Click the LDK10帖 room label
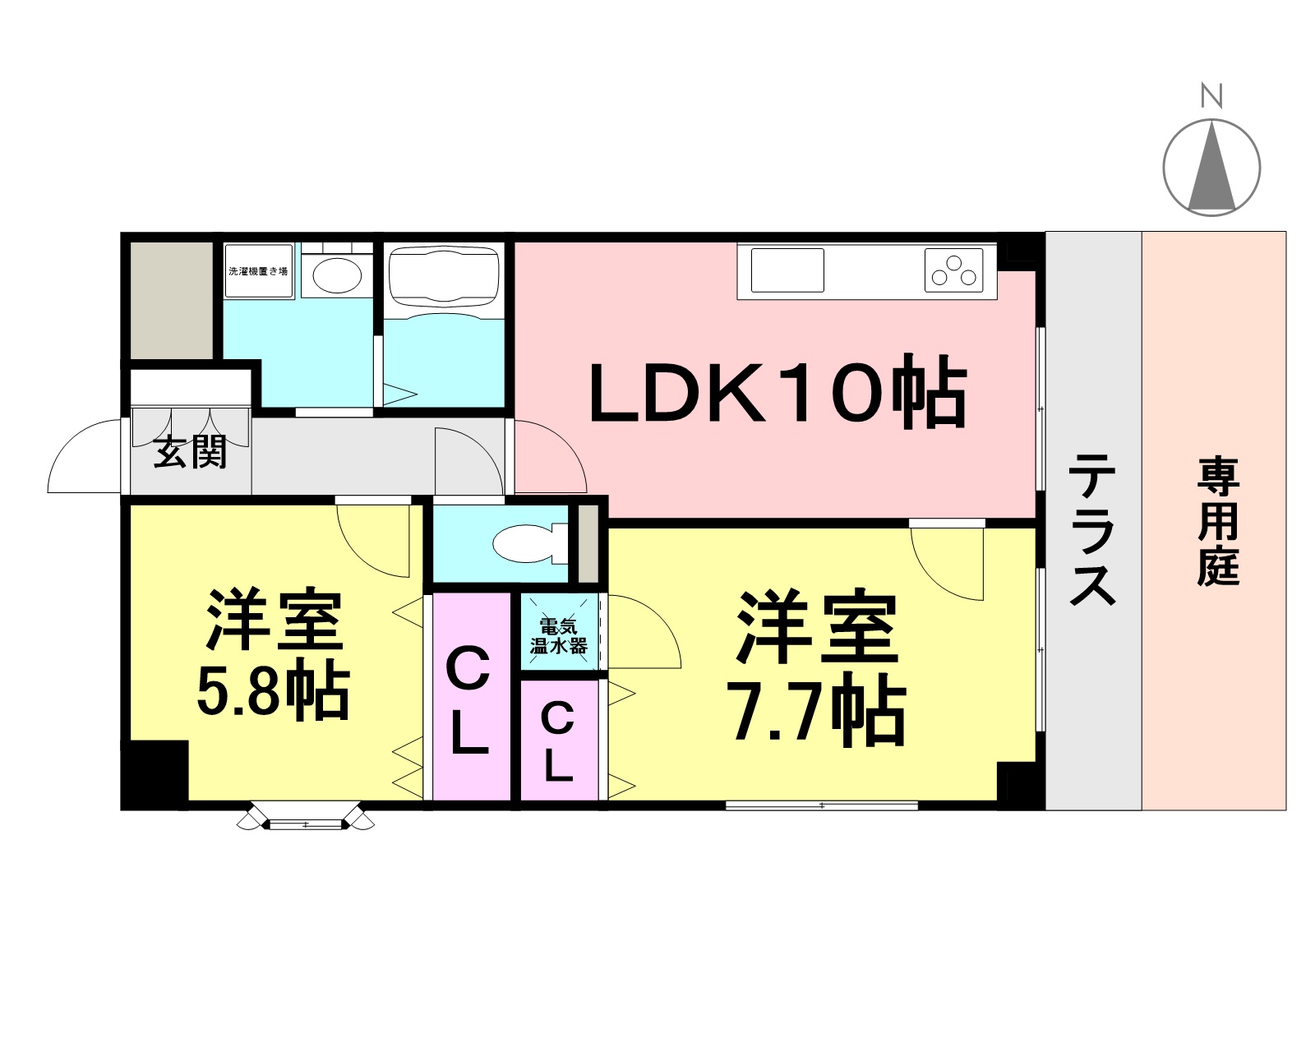pyautogui.click(x=777, y=391)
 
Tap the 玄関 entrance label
pyautogui.click(x=190, y=452)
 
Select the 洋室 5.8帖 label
pyautogui.click(x=273, y=653)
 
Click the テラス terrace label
pyautogui.click(x=1092, y=529)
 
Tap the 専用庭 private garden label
pyautogui.click(x=1219, y=521)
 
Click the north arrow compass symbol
pyautogui.click(x=1211, y=167)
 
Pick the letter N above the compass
pyautogui.click(x=1211, y=97)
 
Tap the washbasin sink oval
pyautogui.click(x=337, y=275)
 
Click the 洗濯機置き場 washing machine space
pyautogui.click(x=258, y=270)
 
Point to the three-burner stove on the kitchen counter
pyautogui.click(x=954, y=270)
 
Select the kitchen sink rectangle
pyautogui.click(x=787, y=270)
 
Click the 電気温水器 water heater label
pyautogui.click(x=559, y=636)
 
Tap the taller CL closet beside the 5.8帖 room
pyautogui.click(x=471, y=698)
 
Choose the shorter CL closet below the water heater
pyautogui.click(x=559, y=741)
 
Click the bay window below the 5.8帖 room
pyautogui.click(x=306, y=816)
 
